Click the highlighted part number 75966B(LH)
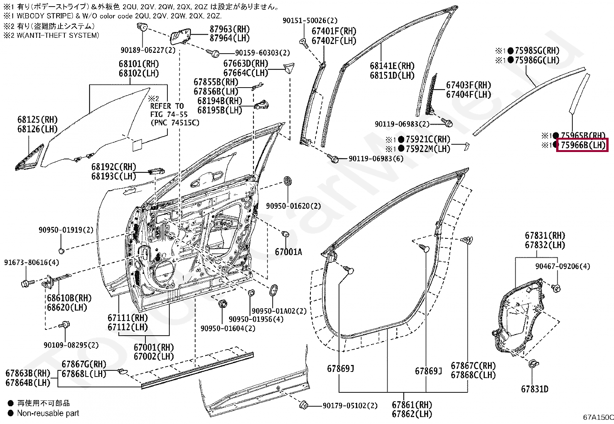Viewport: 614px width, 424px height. pyautogui.click(x=583, y=145)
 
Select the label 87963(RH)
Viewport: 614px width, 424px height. pyautogui.click(x=230, y=29)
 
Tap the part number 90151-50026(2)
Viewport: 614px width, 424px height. pyautogui.click(x=310, y=20)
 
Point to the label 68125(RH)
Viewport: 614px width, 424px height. pyautogui.click(x=37, y=120)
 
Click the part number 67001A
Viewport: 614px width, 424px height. pyautogui.click(x=288, y=252)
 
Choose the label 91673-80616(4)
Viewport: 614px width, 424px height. pyautogui.click(x=32, y=262)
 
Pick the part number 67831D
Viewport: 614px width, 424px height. pyautogui.click(x=535, y=389)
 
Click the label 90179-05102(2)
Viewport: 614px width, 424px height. pyautogui.click(x=350, y=405)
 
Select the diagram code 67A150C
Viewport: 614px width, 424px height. pyautogui.click(x=598, y=417)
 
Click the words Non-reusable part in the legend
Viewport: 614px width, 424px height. pyautogui.click(x=48, y=413)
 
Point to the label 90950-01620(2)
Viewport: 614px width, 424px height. pyautogui.click(x=293, y=206)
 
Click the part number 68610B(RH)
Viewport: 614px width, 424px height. pyautogui.click(x=69, y=298)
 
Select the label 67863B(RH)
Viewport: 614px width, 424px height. pyautogui.click(x=28, y=373)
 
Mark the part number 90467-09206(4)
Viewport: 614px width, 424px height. pyautogui.click(x=563, y=266)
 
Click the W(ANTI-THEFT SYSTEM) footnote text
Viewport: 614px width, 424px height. pyautogui.click(x=57, y=35)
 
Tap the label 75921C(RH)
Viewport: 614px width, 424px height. pyautogui.click(x=428, y=139)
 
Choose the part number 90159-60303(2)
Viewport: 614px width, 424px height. pyautogui.click(x=262, y=52)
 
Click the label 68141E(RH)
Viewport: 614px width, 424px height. pyautogui.click(x=392, y=66)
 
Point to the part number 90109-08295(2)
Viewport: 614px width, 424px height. pyautogui.click(x=71, y=345)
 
